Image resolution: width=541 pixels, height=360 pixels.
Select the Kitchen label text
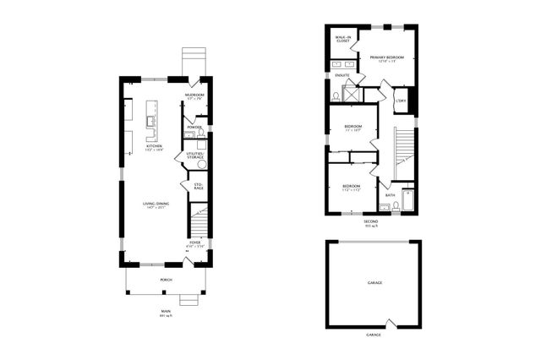[x=154, y=147]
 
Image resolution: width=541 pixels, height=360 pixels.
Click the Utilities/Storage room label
[x=195, y=155]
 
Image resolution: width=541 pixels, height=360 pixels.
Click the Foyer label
[x=195, y=243]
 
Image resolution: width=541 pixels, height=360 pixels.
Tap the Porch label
[x=166, y=278]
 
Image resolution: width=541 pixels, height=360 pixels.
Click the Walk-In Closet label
[x=342, y=40]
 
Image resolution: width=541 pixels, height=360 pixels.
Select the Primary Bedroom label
[x=387, y=58]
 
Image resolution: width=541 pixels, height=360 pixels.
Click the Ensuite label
[x=342, y=76]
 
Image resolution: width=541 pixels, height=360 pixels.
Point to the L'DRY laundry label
[x=401, y=101]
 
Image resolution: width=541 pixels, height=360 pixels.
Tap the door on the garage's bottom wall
[x=387, y=324]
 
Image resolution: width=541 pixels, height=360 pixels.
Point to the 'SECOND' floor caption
[x=370, y=221]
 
